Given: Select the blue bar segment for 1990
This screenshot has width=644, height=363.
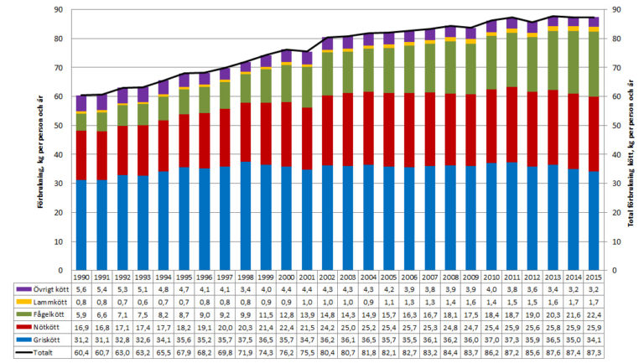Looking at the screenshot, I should tap(80, 226).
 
